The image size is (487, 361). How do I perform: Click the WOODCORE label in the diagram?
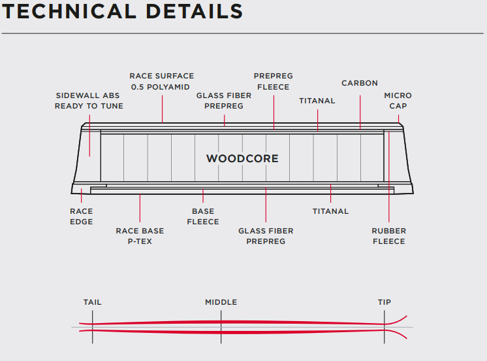[x=242, y=158]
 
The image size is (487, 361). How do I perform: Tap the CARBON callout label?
[x=360, y=83]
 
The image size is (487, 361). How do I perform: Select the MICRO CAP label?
[x=398, y=101]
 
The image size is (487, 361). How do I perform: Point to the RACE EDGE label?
[x=82, y=216]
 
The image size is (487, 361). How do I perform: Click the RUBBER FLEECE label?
[x=389, y=236]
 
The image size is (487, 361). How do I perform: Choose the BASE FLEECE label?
[x=203, y=216]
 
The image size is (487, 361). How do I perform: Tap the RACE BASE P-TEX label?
[x=140, y=236]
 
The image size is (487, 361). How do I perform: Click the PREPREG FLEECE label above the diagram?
[x=274, y=81]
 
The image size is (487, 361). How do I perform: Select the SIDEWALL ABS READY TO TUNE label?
[x=89, y=101]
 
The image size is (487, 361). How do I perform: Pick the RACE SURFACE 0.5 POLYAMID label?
[x=161, y=81]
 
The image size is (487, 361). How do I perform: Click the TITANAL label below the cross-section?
[x=330, y=211]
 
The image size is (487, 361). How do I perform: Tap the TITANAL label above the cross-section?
[x=317, y=101]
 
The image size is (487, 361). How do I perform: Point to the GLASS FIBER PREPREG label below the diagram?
[x=266, y=236]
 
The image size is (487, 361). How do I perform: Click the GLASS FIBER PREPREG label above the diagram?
[x=224, y=101]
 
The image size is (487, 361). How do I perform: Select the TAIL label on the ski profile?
[x=92, y=302]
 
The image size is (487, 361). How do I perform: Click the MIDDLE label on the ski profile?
[x=221, y=302]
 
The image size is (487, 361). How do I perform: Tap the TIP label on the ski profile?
[x=385, y=302]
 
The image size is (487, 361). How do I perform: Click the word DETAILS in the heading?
[x=194, y=12]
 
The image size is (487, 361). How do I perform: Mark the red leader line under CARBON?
[x=360, y=112]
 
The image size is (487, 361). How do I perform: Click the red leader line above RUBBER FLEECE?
[x=389, y=177]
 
